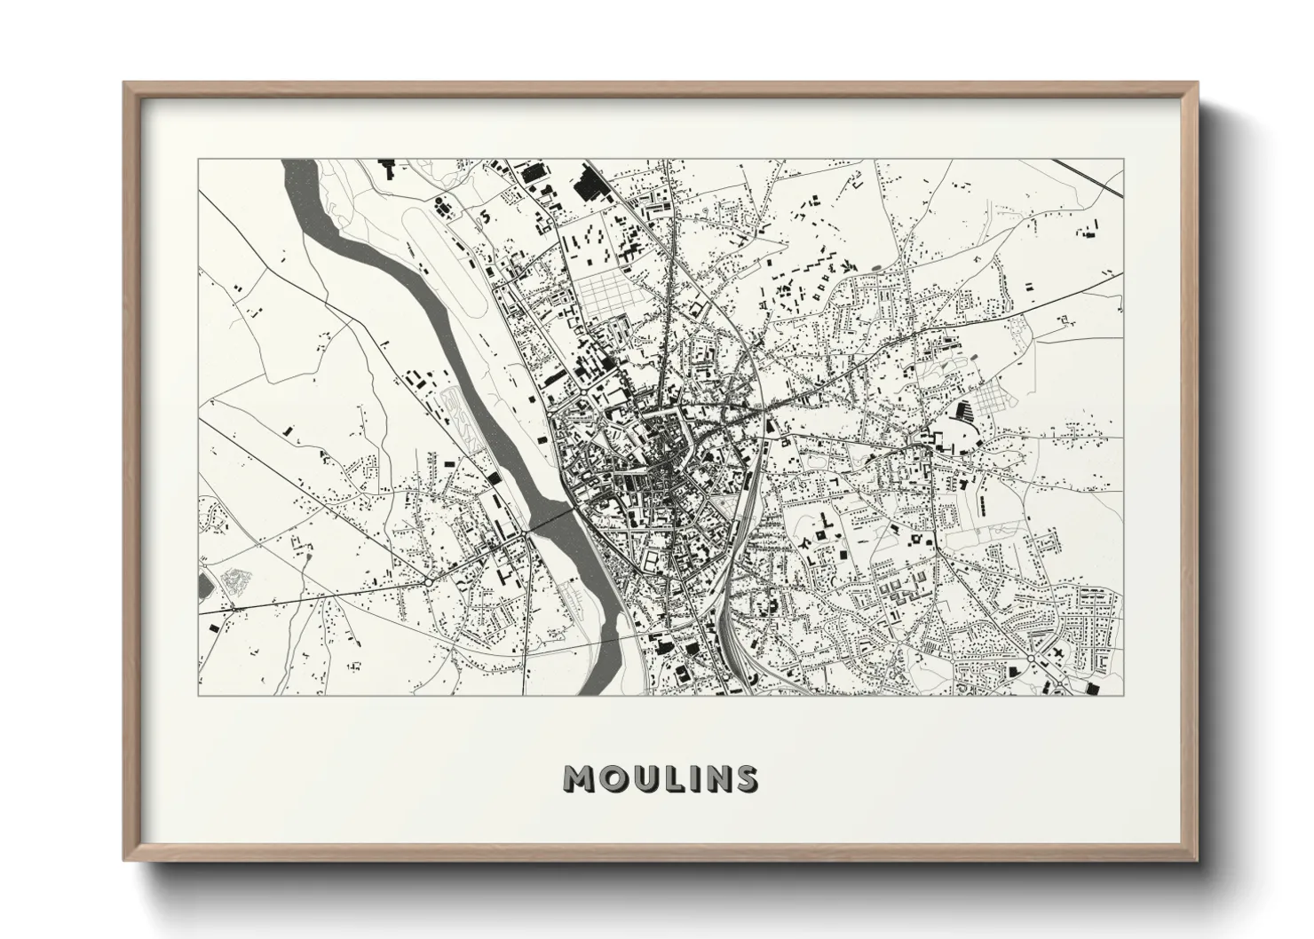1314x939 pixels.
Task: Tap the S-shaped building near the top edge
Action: [x=485, y=215]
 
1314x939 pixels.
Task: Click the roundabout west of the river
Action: [x=428, y=580]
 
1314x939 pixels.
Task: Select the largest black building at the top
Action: [x=589, y=185]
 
